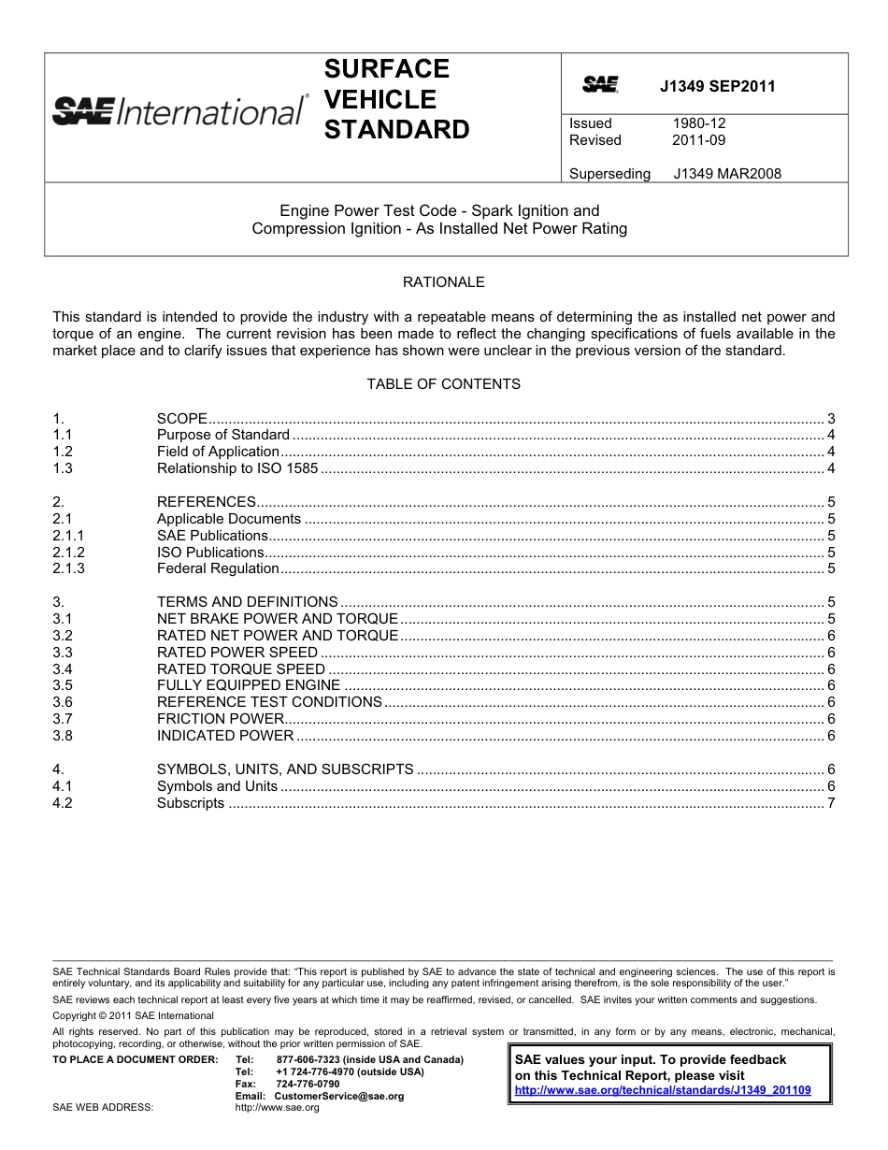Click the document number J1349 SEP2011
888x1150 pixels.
[x=717, y=87]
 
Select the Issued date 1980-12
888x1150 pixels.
[x=698, y=123]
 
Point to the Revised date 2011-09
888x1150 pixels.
[x=698, y=140]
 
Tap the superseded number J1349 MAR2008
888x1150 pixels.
[x=726, y=173]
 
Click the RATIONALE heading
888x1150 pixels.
[x=443, y=281]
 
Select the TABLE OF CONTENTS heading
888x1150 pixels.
[x=443, y=384]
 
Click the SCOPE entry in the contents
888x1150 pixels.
[x=181, y=418]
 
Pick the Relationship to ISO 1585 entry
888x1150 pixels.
[x=237, y=468]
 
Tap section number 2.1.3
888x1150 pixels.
[x=69, y=568]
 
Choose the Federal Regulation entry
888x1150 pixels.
[x=218, y=568]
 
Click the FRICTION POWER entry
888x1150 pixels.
[x=221, y=719]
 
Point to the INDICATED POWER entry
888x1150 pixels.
[x=225, y=736]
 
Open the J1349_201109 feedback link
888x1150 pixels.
[x=663, y=1090]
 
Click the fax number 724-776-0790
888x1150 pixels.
[x=308, y=1084]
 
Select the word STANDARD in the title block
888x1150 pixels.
[x=396, y=130]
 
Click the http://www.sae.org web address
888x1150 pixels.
[x=277, y=1108]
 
